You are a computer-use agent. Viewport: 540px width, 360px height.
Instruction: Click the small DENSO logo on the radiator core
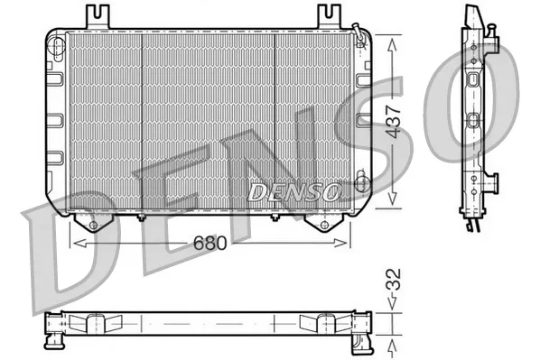293,192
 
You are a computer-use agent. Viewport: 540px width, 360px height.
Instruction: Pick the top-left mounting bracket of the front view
97,16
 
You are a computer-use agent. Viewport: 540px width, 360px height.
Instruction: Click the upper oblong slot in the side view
473,76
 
